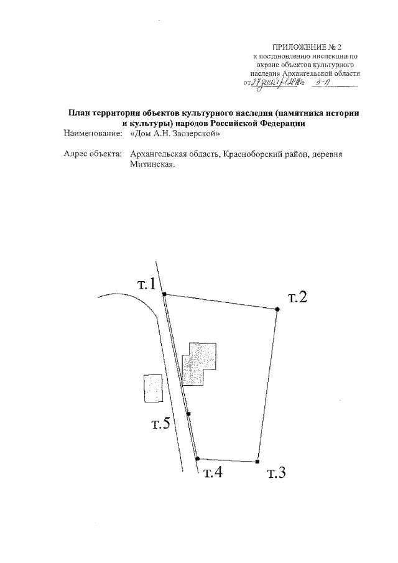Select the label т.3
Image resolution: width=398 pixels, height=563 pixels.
[x=275, y=473]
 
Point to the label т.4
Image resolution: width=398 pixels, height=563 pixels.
[x=213, y=473]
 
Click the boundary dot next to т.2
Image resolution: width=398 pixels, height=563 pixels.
[x=277, y=309]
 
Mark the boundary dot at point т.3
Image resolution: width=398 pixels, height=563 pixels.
[x=257, y=462]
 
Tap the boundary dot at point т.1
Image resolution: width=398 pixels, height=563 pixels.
[x=164, y=294]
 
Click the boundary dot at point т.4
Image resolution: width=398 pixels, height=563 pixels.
[x=197, y=458]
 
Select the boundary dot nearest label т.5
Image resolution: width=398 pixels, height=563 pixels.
[x=188, y=413]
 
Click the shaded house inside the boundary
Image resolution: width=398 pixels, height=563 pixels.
[x=200, y=363]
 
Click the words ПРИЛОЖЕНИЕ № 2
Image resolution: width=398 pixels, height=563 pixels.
[x=307, y=47]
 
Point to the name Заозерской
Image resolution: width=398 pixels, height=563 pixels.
[x=195, y=133]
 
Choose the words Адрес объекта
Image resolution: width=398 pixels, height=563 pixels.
[x=93, y=154]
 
